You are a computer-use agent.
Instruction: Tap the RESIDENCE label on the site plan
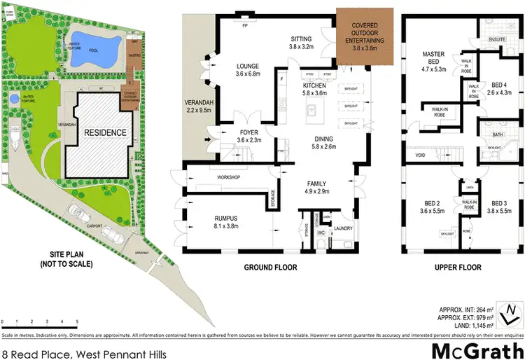click(106, 132)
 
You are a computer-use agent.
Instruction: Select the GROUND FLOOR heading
click(270, 268)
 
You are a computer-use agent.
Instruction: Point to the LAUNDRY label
click(343, 228)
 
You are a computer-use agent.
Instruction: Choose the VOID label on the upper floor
click(420, 155)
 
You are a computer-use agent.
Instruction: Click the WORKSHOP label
click(229, 178)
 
